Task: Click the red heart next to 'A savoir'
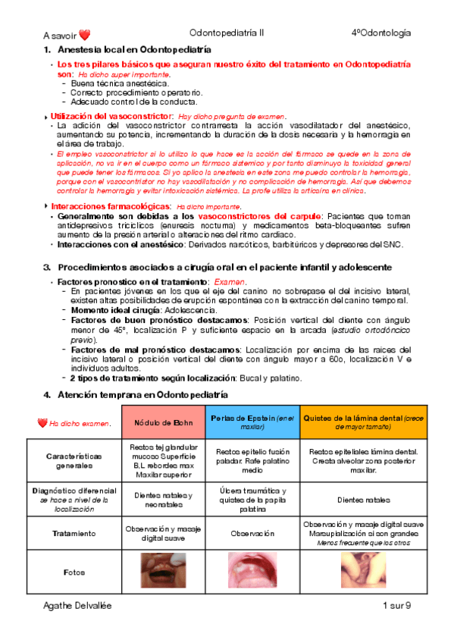pos(85,35)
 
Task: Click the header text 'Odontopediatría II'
pos(227,33)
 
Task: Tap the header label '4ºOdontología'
pos(381,33)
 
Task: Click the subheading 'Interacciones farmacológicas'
pos(109,206)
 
